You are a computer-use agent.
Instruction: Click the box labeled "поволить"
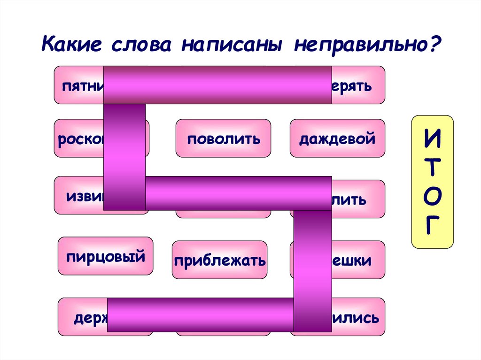(224, 139)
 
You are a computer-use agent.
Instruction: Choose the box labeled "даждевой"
(337, 139)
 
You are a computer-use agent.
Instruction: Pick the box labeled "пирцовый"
(105, 256)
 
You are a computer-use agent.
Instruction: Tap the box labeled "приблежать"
(219, 260)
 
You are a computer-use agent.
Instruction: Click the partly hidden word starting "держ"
(90, 318)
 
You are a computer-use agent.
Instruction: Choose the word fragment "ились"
(355, 318)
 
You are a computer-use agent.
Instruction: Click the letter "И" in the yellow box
(432, 140)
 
